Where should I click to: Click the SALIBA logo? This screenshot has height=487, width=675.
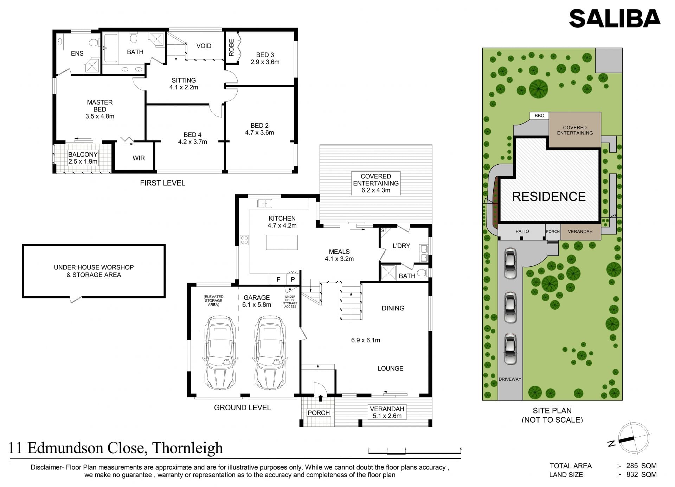[615, 18]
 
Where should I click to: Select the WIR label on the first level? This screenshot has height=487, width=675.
[139, 158]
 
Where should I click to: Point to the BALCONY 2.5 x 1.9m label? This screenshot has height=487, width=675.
[83, 158]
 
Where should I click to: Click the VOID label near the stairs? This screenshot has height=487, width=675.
[204, 46]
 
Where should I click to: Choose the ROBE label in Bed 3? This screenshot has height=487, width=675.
[231, 48]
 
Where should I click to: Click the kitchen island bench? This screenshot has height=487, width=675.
[282, 242]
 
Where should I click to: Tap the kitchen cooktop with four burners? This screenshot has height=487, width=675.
[244, 240]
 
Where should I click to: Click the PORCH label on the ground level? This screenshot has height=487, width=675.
[319, 413]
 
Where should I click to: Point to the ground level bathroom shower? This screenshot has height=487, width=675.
[388, 273]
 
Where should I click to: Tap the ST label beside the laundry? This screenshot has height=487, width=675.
[384, 231]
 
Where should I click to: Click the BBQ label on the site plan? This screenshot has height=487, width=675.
[539, 116]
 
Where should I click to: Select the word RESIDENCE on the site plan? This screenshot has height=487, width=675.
[549, 196]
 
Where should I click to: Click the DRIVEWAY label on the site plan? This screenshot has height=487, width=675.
[510, 379]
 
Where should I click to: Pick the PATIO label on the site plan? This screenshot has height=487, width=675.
[522, 231]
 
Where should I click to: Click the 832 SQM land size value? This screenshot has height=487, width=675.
[641, 475]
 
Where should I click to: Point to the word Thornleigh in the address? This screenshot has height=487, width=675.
[187, 448]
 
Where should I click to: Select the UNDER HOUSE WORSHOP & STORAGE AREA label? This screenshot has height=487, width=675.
[94, 271]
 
